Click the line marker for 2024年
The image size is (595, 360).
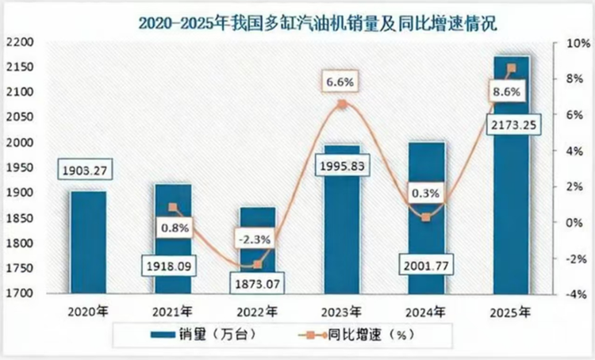point(426,217)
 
